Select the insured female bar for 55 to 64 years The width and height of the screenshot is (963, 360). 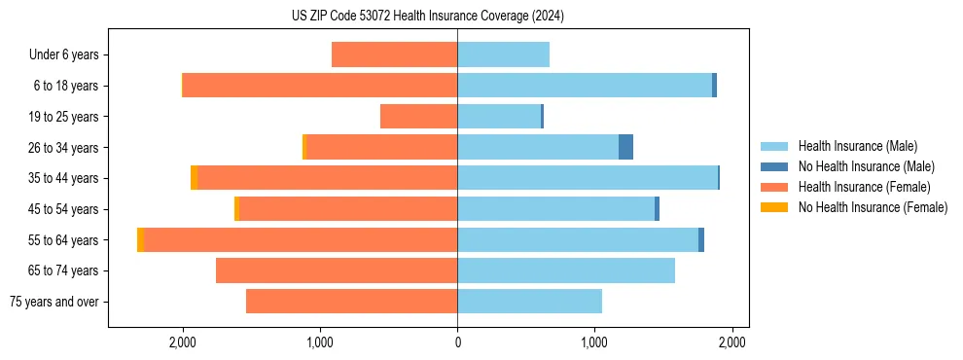301,239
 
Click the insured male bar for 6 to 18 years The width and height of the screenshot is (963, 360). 585,86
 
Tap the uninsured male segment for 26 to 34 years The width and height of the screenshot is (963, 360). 625,147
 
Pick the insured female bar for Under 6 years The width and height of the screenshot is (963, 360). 394,54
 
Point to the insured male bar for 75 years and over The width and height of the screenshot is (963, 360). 529,302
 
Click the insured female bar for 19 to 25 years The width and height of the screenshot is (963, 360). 418,117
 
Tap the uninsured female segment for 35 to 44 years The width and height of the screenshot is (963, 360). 195,178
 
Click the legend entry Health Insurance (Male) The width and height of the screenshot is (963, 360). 856,146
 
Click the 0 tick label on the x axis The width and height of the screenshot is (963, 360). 457,342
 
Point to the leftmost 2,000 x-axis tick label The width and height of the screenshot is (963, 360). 183,342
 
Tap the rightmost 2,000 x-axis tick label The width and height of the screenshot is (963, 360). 731,342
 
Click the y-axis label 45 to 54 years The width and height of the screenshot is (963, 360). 64,209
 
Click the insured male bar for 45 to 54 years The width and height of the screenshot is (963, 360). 555,209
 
